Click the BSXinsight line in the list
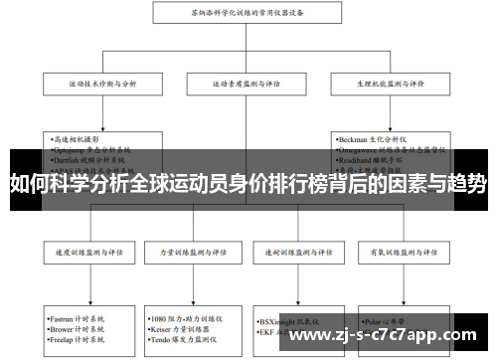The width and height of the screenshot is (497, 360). pyautogui.click(x=290, y=320)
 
